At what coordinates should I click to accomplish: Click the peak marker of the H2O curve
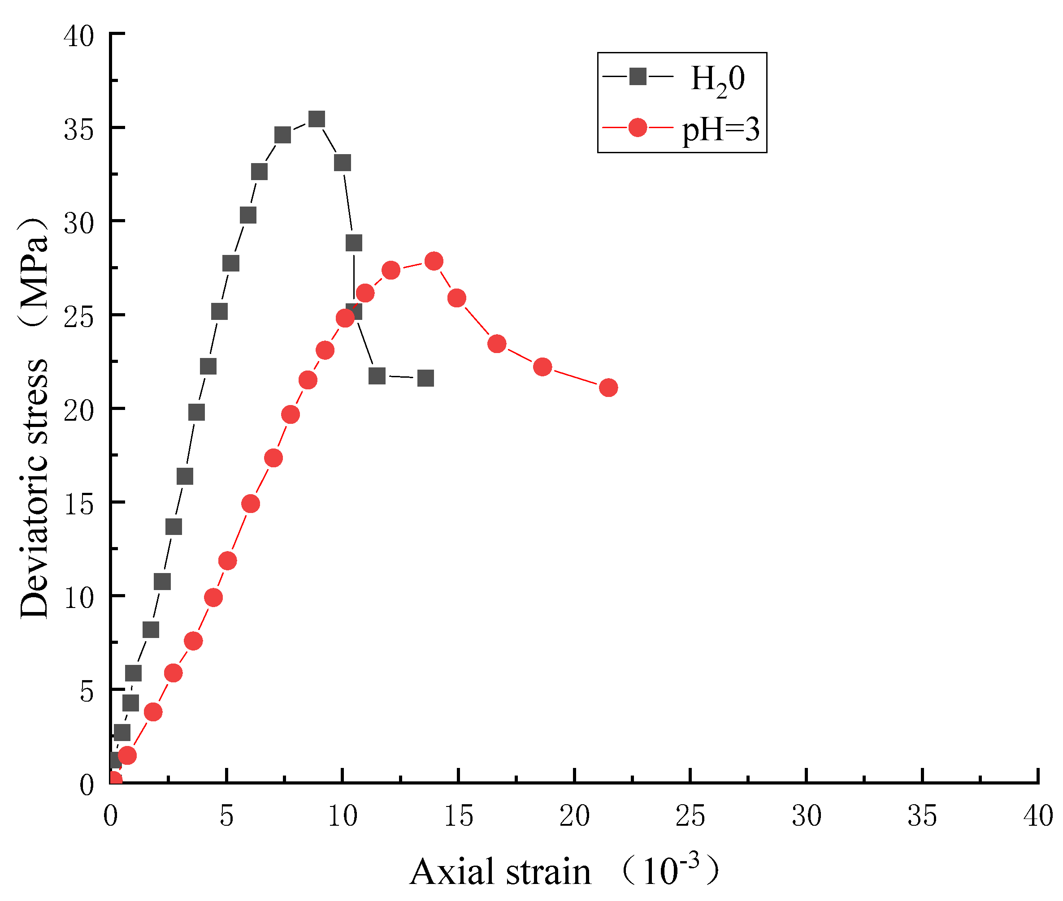[x=317, y=120]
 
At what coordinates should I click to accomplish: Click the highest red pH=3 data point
[x=434, y=261]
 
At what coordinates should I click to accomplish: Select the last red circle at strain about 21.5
[x=608, y=388]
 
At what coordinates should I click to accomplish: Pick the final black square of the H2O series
[x=425, y=379]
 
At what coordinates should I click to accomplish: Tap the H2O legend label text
[x=717, y=79]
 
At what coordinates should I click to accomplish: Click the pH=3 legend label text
[x=721, y=129]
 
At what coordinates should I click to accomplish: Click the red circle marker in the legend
[x=637, y=127]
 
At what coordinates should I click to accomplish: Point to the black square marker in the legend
[x=637, y=77]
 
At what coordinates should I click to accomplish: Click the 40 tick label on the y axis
[x=79, y=36]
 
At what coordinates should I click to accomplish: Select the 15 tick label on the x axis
[x=458, y=816]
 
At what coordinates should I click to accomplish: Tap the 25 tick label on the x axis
[x=690, y=816]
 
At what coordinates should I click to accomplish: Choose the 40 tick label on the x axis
[x=1038, y=816]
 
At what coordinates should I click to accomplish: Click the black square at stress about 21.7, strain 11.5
[x=377, y=376]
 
